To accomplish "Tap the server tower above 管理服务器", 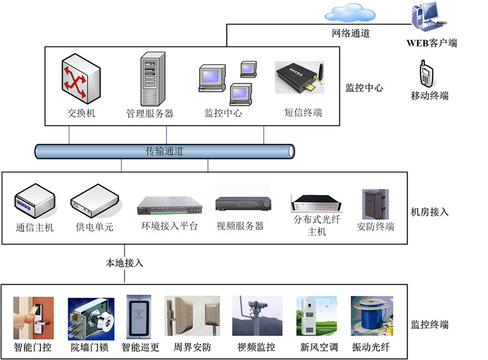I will pyautogui.click(x=152, y=79).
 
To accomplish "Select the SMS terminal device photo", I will pyautogui.click(x=299, y=77).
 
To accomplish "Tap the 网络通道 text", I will pyautogui.click(x=351, y=34).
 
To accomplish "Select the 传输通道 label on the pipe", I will pyautogui.click(x=165, y=151).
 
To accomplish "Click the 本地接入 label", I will pyautogui.click(x=124, y=263).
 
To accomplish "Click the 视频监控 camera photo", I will pyautogui.click(x=257, y=316).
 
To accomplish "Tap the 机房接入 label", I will pyautogui.click(x=430, y=212).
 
